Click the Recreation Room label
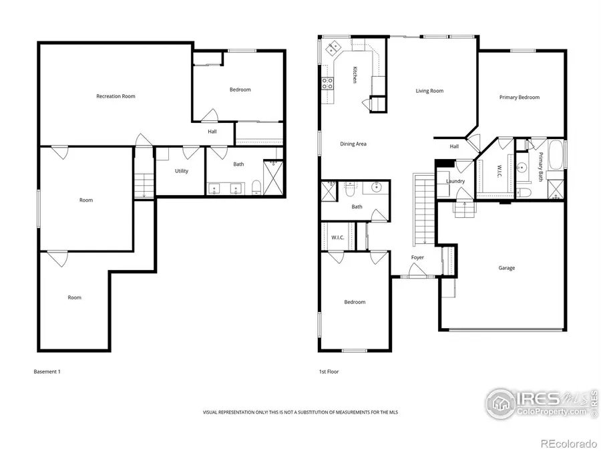click(x=116, y=96)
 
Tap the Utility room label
click(x=182, y=171)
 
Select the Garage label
click(x=506, y=268)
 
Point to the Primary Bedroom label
click(x=519, y=98)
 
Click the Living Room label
click(x=429, y=91)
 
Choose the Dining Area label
click(x=353, y=144)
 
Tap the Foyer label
click(x=417, y=257)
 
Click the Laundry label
click(x=455, y=181)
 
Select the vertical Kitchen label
click(x=355, y=75)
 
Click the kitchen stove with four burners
click(x=329, y=84)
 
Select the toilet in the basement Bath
click(x=256, y=188)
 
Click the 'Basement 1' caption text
click(x=47, y=371)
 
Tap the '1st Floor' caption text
click(x=329, y=371)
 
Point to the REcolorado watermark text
click(x=568, y=443)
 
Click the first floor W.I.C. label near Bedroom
click(x=337, y=237)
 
